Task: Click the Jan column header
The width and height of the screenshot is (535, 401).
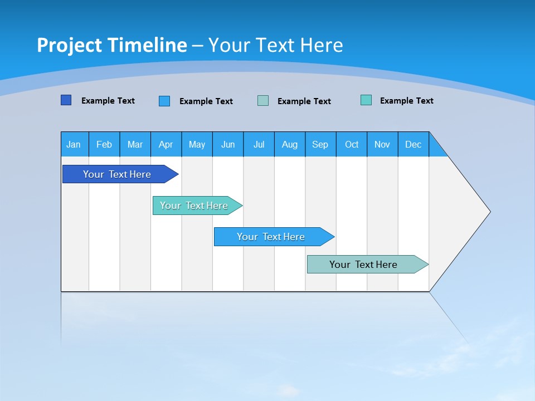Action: pyautogui.click(x=74, y=144)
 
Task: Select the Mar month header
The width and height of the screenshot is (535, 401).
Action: pyautogui.click(x=135, y=144)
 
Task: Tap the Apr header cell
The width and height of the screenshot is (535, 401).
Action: pyautogui.click(x=166, y=144)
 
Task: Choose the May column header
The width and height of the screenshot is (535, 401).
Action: pyautogui.click(x=197, y=144)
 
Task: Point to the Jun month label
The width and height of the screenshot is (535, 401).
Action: pyautogui.click(x=228, y=144)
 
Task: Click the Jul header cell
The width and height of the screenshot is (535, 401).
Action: pyautogui.click(x=259, y=144)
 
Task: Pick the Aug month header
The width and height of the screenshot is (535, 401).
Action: pyautogui.click(x=290, y=144)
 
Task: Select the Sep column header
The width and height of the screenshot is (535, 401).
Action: pyautogui.click(x=320, y=144)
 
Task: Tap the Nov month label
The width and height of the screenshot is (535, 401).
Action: pyautogui.click(x=382, y=144)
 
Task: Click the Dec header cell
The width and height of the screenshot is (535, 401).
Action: pyautogui.click(x=414, y=144)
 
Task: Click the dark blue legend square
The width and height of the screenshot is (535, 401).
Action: pyautogui.click(x=66, y=100)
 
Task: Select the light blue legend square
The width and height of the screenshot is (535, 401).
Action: pyautogui.click(x=164, y=101)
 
